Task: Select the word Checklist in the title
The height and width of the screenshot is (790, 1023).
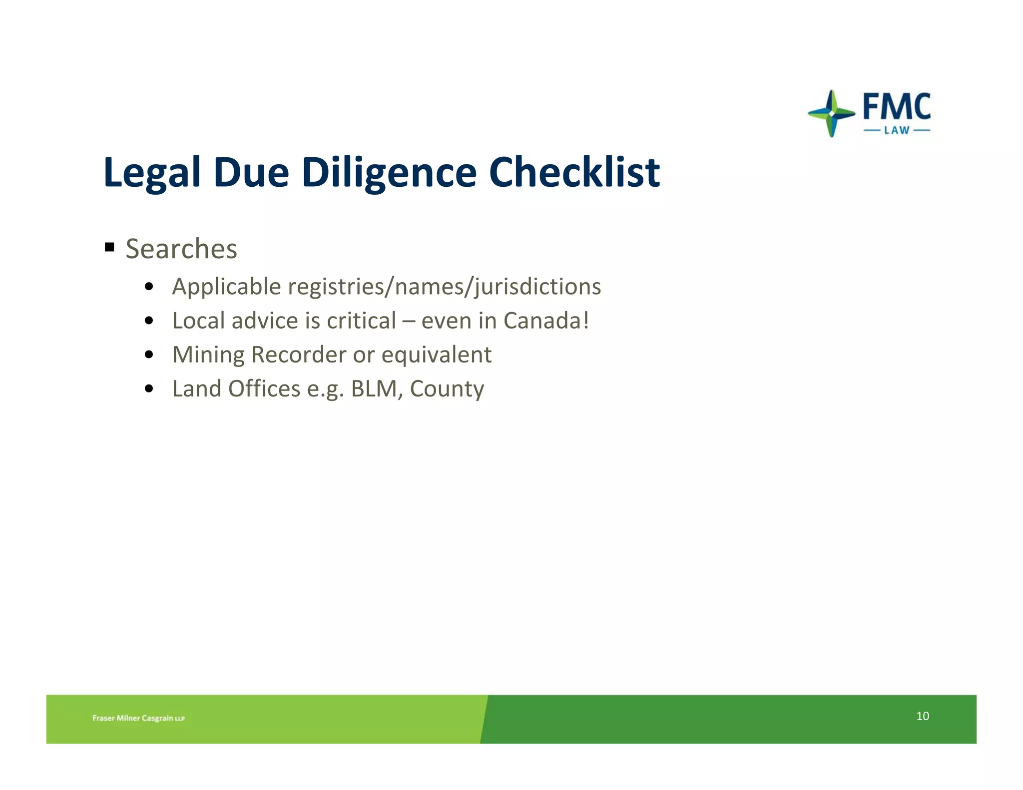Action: [x=574, y=173]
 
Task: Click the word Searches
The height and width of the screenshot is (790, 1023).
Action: [x=181, y=249]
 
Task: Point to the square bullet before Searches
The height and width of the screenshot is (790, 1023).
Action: [x=110, y=247]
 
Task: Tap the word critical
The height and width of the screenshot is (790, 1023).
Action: [x=361, y=321]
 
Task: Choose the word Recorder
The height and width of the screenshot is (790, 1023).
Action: [x=299, y=355]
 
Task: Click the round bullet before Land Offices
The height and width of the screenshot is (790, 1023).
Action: [x=148, y=389]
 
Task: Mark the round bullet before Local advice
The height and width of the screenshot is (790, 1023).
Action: [x=148, y=321]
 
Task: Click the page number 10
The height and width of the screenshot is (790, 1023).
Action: [x=922, y=716]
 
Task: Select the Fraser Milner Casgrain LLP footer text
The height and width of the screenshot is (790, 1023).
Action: [x=138, y=718]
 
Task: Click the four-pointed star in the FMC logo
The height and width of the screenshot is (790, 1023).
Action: [x=831, y=113]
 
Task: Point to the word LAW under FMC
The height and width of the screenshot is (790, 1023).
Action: [x=897, y=130]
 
